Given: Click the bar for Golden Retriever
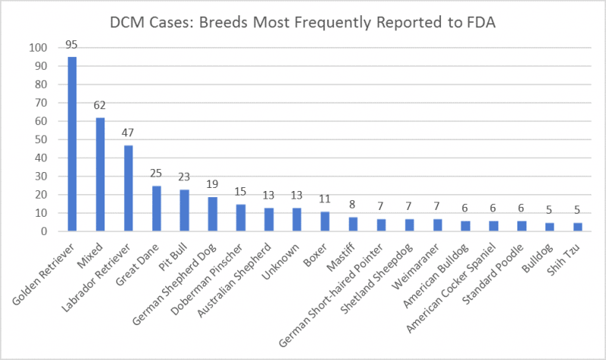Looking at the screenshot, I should [x=72, y=144].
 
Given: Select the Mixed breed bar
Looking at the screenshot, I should [x=100, y=174].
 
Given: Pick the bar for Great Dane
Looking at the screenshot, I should [x=156, y=208].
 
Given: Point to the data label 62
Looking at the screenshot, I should [x=100, y=105].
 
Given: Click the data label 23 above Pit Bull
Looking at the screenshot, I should [x=184, y=177].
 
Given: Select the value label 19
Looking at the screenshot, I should [x=212, y=184].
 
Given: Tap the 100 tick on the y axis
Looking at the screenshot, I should [x=37, y=48].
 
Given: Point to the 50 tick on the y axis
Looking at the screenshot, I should [x=40, y=139].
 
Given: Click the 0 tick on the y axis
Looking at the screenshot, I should [x=43, y=232].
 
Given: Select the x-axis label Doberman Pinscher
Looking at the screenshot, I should [x=211, y=281].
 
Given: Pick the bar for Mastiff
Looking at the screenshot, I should [x=352, y=224].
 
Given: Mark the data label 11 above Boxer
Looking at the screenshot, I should [x=324, y=199].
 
